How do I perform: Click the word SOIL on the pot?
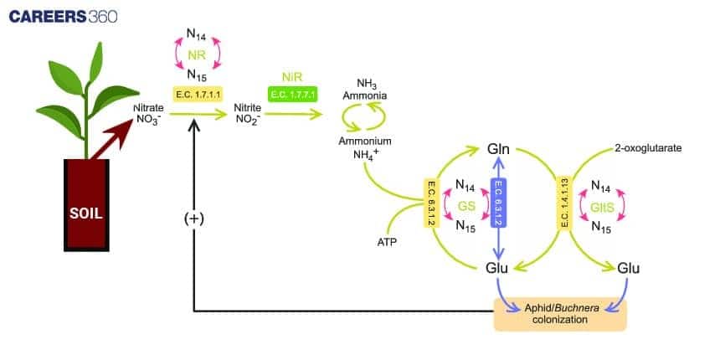point(86,213)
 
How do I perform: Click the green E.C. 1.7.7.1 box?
point(293,95)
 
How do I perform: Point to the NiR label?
point(293,76)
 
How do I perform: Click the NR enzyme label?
point(198,53)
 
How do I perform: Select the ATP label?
point(388,242)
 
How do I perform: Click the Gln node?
point(499,151)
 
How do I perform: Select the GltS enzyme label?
point(608,205)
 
